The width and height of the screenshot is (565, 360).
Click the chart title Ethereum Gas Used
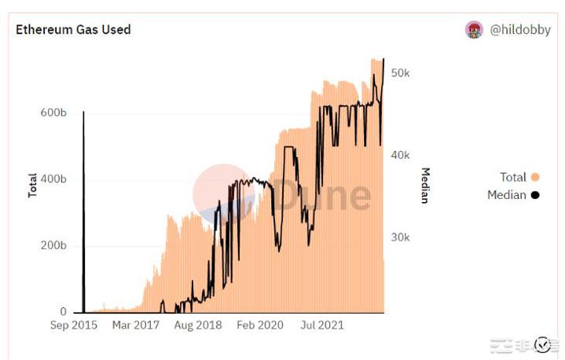[73, 30]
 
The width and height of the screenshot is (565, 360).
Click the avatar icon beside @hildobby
[474, 31]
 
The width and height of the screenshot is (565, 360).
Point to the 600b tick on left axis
[53, 113]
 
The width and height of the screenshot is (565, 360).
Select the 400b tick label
[53, 179]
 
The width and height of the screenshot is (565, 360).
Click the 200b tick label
[53, 246]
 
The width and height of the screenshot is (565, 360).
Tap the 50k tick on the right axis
[401, 72]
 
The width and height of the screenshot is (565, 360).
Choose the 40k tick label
[401, 155]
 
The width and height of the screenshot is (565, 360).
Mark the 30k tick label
[401, 237]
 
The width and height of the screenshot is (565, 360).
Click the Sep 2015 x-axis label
[74, 325]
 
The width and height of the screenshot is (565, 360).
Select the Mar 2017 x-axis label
[135, 325]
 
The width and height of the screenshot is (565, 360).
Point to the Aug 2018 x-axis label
[198, 325]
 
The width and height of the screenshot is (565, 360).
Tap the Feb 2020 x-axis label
[260, 325]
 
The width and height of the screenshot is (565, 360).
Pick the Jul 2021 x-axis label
[321, 325]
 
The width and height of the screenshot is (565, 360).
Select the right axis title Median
[424, 186]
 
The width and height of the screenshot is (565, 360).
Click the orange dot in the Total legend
[535, 177]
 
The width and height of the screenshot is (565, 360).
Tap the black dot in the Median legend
[535, 195]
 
